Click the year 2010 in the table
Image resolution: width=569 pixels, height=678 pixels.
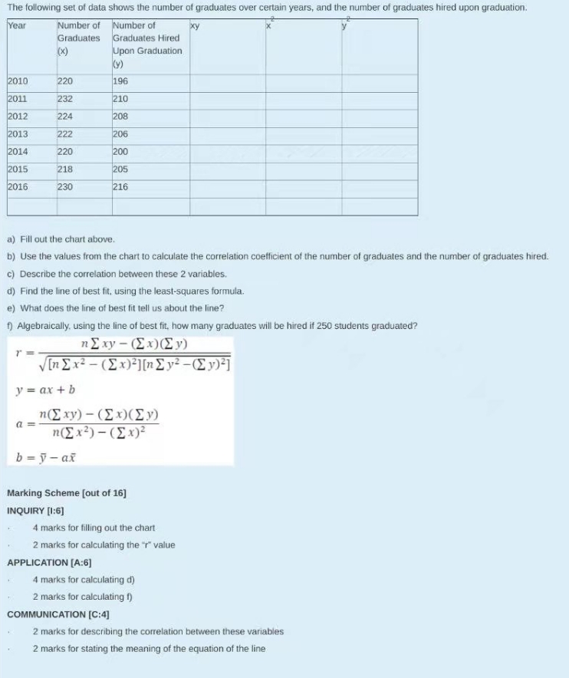pyautogui.click(x=18, y=81)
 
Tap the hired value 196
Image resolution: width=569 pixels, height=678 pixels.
pyautogui.click(x=120, y=81)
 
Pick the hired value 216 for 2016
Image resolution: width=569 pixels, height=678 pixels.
pyautogui.click(x=120, y=187)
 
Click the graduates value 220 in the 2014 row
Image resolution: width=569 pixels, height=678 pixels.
pyautogui.click(x=65, y=152)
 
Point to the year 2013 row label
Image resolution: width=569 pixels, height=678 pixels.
pyautogui.click(x=18, y=134)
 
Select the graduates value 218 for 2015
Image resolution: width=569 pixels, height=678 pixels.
pyautogui.click(x=65, y=169)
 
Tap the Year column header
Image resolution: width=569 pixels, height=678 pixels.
pyautogui.click(x=16, y=25)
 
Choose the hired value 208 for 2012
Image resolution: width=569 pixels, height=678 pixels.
pyautogui.click(x=120, y=117)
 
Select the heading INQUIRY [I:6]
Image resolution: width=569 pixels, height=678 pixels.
pyautogui.click(x=35, y=510)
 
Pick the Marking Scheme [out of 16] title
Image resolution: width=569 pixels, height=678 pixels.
pyautogui.click(x=67, y=493)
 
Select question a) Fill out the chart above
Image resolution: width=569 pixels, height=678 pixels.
pyautogui.click(x=61, y=239)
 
